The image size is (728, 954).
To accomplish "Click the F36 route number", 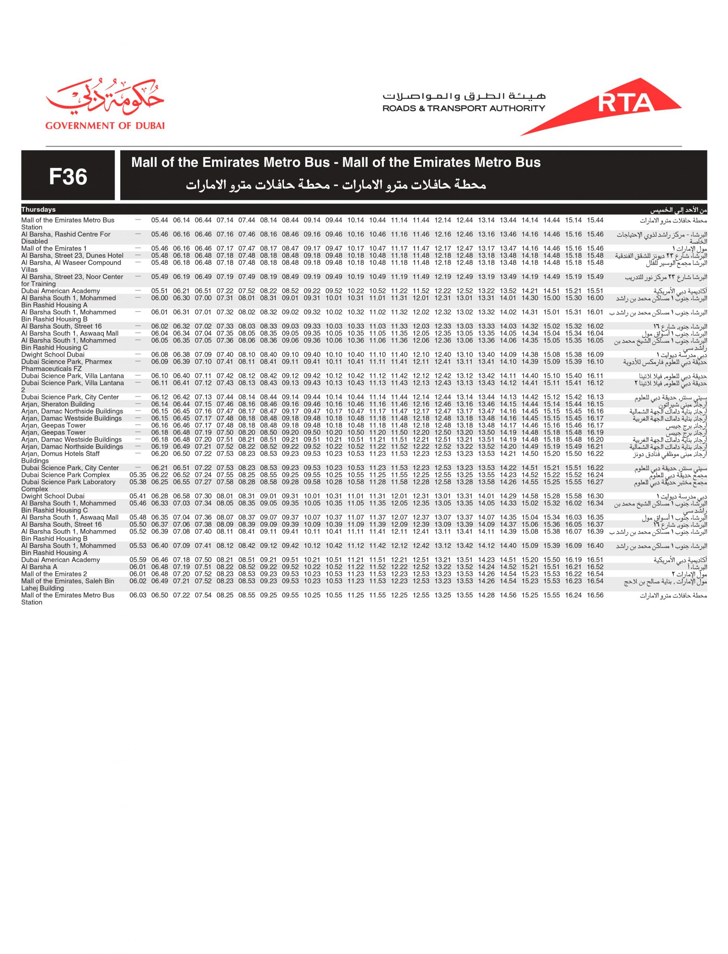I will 68,176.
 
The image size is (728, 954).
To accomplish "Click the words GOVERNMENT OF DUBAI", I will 105,126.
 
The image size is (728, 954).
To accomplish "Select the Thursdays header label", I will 39,210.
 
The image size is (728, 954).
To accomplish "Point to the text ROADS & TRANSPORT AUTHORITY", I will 464,108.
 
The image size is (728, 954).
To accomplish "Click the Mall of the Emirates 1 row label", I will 54,248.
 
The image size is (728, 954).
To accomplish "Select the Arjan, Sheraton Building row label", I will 58,404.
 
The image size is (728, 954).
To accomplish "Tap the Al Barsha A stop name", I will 39,567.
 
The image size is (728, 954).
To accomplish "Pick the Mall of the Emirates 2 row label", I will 54,574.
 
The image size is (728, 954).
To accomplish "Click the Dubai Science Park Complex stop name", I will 66,475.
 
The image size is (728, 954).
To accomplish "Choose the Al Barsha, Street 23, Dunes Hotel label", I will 72,255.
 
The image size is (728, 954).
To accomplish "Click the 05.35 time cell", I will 138,475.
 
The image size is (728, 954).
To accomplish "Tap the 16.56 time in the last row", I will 595,595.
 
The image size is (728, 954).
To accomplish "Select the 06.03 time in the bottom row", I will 138,595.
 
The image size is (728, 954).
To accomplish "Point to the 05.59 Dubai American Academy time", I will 138,560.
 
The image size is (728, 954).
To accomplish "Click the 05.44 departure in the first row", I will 159,220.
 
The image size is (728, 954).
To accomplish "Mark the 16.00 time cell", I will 595,298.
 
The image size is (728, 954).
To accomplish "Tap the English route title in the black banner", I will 336,162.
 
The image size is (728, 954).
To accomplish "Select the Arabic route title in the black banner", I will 336,185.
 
